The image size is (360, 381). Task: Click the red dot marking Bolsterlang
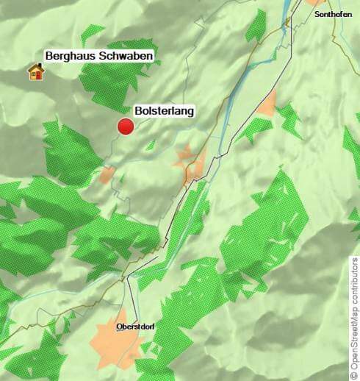[126, 127]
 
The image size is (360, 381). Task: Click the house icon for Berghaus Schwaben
[35, 71]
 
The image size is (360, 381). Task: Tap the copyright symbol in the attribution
[354, 374]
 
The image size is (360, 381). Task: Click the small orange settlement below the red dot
[108, 175]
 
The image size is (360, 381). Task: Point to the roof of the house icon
[35, 67]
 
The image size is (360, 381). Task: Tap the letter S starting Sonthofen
[316, 14]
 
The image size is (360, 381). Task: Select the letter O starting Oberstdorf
[119, 326]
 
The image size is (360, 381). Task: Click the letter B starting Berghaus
[48, 56]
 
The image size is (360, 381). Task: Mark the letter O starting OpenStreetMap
[354, 366]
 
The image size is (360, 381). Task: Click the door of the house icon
[34, 75]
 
